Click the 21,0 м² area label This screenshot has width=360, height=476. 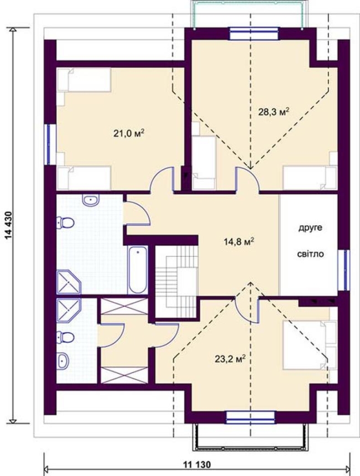[x=128, y=133]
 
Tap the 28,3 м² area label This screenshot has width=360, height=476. [x=274, y=112]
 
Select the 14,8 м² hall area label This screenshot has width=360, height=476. [x=239, y=242]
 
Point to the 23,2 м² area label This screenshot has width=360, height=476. [x=230, y=359]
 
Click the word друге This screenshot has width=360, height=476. [x=310, y=228]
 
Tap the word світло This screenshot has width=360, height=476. [x=310, y=254]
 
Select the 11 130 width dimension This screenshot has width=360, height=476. [x=197, y=464]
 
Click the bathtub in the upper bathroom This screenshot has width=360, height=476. [x=138, y=270]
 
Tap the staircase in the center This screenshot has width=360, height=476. [x=177, y=281]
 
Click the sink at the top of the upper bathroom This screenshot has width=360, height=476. [x=90, y=200]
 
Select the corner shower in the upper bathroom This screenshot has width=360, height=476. [x=69, y=282]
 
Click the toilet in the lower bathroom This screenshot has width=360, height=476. [x=65, y=337]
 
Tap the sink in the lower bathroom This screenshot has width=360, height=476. [x=63, y=361]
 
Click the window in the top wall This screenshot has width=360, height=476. [x=254, y=33]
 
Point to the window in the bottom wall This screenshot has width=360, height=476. [x=251, y=417]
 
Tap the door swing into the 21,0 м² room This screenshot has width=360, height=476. [x=162, y=180]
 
